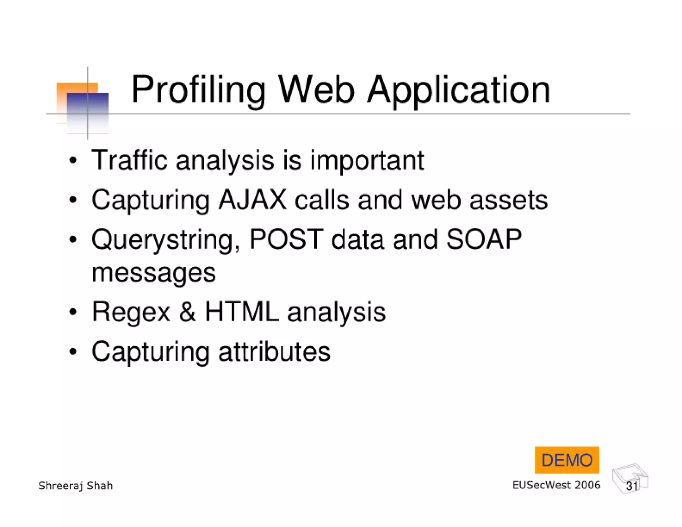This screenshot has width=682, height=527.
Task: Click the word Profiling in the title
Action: pos(198,90)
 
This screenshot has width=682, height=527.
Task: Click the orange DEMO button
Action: pos(567,460)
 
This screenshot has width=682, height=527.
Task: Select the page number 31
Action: pos(632,486)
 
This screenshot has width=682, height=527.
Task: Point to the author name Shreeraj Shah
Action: pos(76,485)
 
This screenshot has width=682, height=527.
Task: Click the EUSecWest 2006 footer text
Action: pos(556,485)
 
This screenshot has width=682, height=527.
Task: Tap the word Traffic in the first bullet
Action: pos(129,160)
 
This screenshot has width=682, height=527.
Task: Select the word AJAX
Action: pos(252,200)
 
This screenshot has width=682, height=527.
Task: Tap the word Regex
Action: pos(131,312)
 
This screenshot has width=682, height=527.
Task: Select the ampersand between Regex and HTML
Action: pos(187,311)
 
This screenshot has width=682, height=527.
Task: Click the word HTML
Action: pos(242,311)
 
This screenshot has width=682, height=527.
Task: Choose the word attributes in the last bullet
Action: pos(274,351)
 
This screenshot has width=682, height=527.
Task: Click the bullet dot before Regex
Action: pos(73,312)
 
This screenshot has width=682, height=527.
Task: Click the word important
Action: pos(367,160)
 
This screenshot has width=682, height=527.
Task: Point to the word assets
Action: pos(508,200)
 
